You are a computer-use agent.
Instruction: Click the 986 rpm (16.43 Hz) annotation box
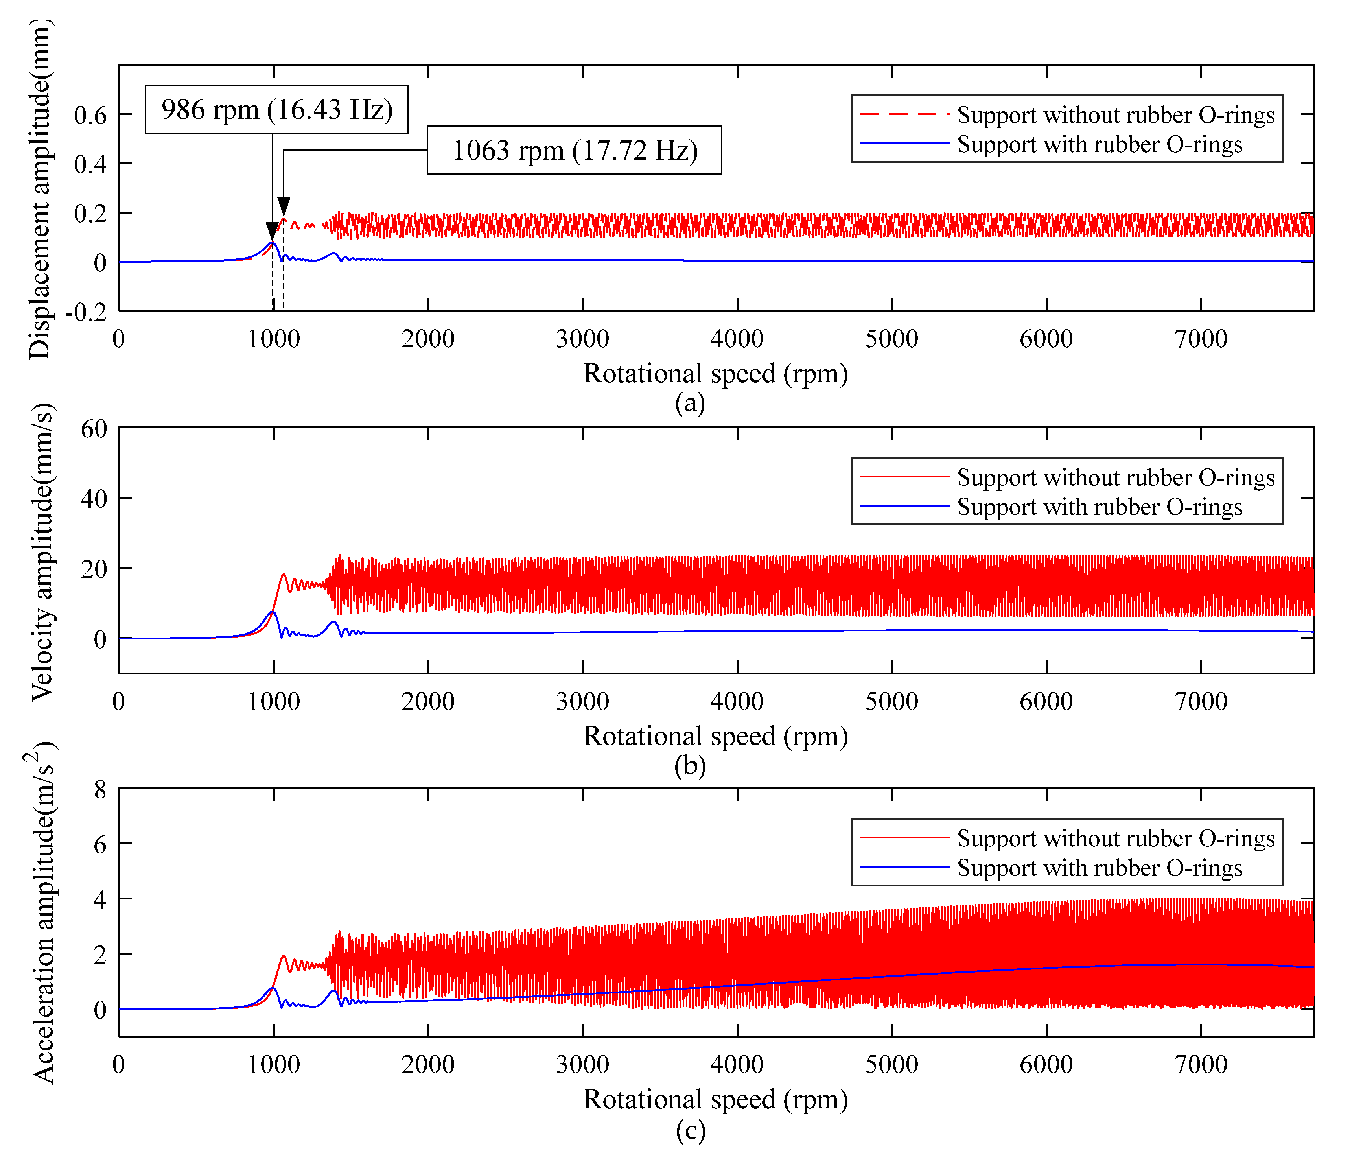(x=276, y=109)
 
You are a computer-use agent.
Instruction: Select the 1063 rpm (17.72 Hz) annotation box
(x=574, y=151)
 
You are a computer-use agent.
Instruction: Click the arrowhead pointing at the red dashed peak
(x=284, y=206)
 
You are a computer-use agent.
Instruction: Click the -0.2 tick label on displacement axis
(x=86, y=313)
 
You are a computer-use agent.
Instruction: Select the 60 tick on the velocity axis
(x=94, y=429)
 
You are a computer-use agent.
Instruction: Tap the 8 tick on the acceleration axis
(x=99, y=791)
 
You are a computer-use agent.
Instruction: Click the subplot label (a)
(x=690, y=403)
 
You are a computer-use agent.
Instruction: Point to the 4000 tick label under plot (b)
(x=737, y=702)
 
